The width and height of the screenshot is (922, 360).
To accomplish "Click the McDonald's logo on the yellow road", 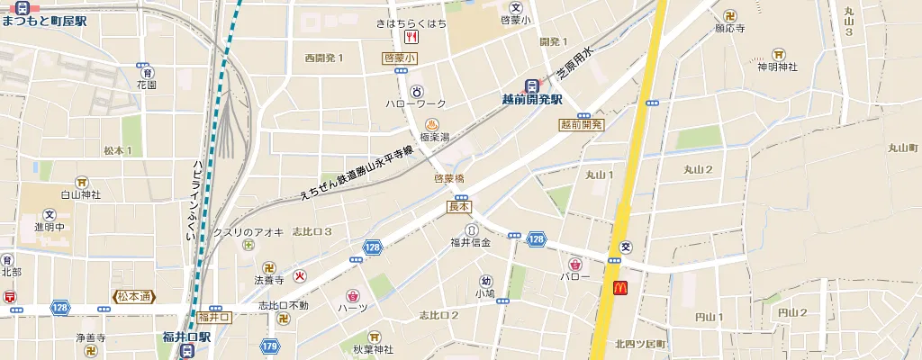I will click(x=619, y=288).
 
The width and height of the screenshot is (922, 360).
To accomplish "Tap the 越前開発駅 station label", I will click(x=532, y=100).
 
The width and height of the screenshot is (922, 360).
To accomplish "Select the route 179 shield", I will click(x=270, y=345).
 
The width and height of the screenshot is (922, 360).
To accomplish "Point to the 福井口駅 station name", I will click(x=186, y=337).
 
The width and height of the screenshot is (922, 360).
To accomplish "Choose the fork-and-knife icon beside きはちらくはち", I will click(x=411, y=37).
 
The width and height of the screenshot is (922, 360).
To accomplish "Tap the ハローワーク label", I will click(x=416, y=104).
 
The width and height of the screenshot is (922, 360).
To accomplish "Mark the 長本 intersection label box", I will click(x=459, y=206).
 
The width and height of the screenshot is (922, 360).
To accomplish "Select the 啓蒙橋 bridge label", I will click(x=448, y=178).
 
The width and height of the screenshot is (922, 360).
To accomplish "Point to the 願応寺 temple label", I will click(x=730, y=29).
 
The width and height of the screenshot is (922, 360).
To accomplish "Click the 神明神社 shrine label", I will click(x=779, y=66).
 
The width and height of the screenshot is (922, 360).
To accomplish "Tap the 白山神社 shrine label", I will click(x=80, y=193).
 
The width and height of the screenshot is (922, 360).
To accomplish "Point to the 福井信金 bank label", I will click(x=471, y=242).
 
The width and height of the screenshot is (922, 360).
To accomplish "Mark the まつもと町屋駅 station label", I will click(x=44, y=20).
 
